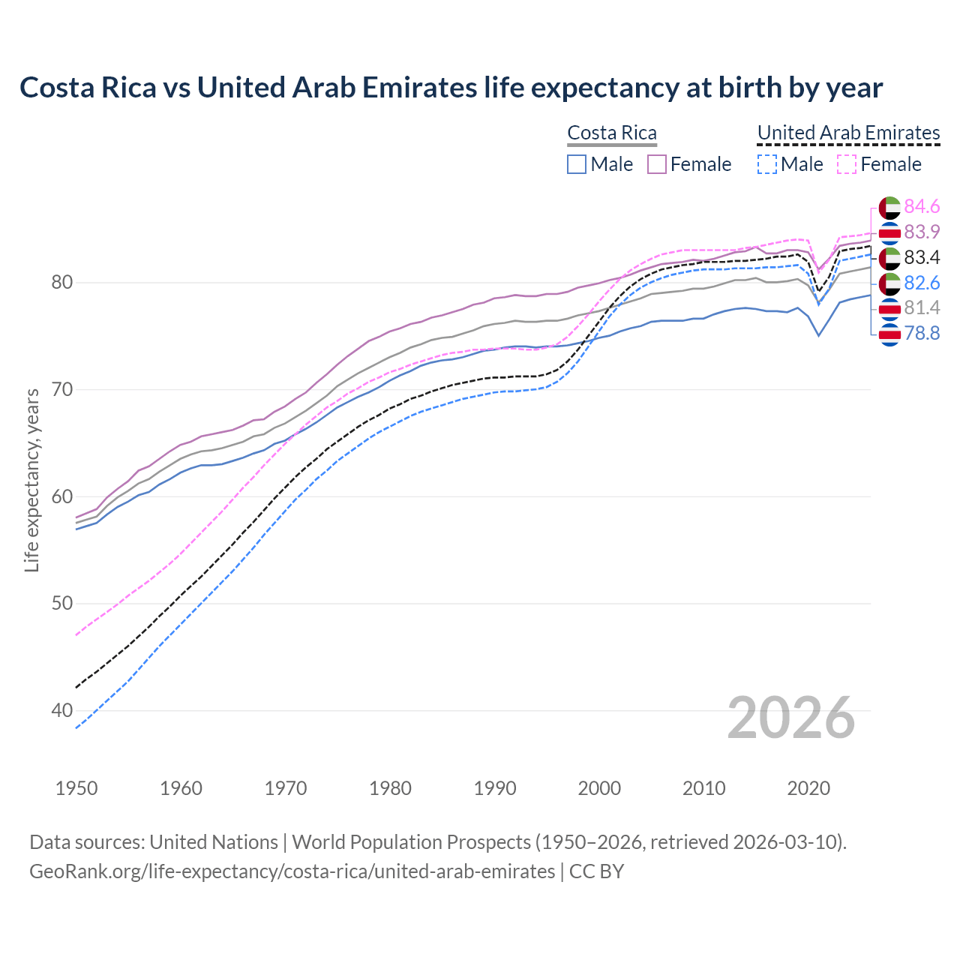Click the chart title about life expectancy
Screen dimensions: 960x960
click(451, 88)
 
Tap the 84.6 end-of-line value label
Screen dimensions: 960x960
click(922, 206)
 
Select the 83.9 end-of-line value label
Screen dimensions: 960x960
click(922, 232)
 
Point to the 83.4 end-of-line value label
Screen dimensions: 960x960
click(922, 257)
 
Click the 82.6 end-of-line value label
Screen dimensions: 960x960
click(922, 283)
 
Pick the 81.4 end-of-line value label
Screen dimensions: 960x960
click(922, 307)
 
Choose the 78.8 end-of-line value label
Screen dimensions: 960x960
click(922, 333)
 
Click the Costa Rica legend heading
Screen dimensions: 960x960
click(612, 133)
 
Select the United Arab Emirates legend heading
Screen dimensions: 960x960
click(848, 133)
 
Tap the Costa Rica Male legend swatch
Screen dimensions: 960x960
click(577, 164)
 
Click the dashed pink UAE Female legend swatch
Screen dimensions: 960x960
click(846, 164)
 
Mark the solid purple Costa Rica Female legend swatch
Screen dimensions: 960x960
click(657, 164)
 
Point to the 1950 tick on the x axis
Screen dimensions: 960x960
click(77, 788)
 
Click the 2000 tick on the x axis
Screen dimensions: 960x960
click(600, 788)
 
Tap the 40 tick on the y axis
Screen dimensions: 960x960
click(61, 710)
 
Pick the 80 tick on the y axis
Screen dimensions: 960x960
click(61, 283)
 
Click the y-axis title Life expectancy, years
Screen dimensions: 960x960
click(32, 480)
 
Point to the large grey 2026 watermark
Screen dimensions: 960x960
click(791, 718)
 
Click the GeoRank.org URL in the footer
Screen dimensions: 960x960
click(292, 871)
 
